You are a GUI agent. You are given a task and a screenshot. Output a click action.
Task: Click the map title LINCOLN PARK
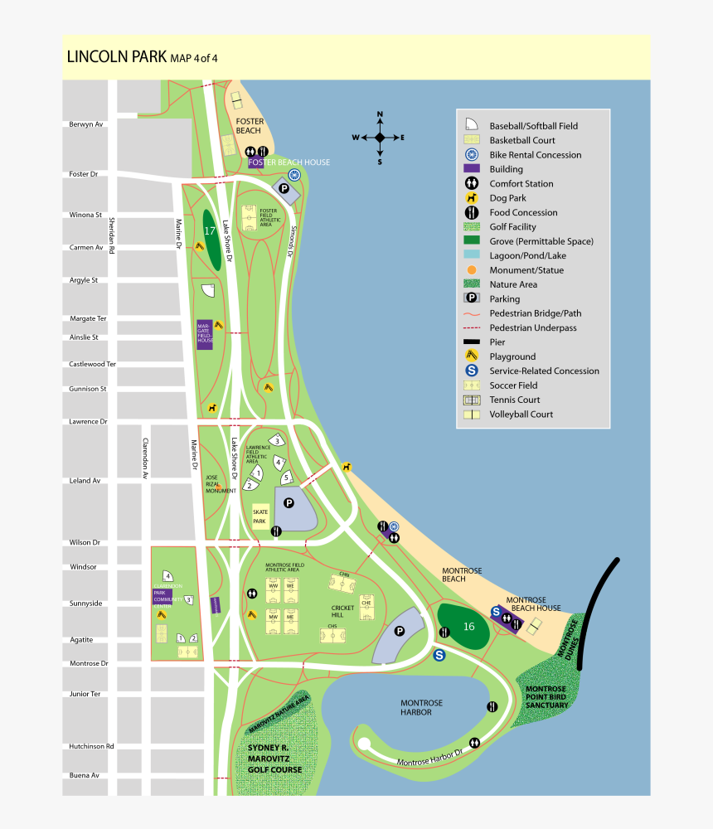116,57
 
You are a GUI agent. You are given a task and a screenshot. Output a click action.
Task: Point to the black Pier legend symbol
471,342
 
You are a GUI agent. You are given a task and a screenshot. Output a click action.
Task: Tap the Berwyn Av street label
85,124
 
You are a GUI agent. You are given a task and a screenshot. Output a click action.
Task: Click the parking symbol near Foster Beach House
284,190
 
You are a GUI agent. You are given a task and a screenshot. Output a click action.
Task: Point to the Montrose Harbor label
421,707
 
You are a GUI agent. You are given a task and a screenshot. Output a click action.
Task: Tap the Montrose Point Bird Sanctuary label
546,696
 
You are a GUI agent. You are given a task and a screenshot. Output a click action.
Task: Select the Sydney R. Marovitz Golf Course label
274,759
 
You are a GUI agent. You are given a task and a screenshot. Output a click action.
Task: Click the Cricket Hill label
342,612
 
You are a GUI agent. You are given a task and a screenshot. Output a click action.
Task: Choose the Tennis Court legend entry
514,400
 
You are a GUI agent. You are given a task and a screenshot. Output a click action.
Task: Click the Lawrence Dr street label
88,422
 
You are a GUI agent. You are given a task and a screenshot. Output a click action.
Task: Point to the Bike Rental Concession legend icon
471,155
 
